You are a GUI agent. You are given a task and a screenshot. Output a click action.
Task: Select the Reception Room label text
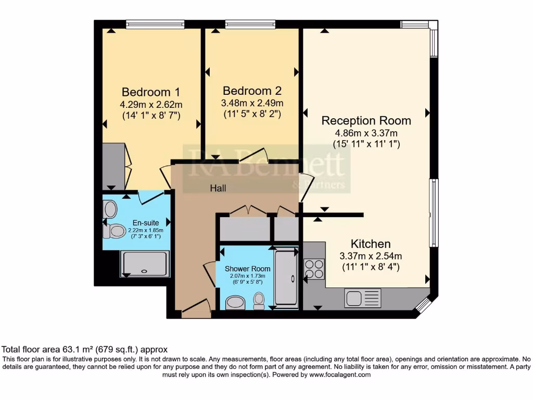pos(366,121)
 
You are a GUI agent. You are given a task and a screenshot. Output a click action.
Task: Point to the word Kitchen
pos(370,244)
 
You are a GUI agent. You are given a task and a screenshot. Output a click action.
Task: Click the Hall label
pos(218,189)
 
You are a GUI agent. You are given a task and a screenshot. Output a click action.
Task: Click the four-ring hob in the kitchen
pos(314,269)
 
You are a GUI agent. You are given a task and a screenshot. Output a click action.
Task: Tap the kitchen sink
pos(362,298)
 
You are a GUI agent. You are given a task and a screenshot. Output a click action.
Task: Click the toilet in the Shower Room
pos(259,301)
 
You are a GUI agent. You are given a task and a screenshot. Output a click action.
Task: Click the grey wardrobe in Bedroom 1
pos(113,167)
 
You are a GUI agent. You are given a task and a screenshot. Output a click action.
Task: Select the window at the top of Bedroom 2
pos(250,23)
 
